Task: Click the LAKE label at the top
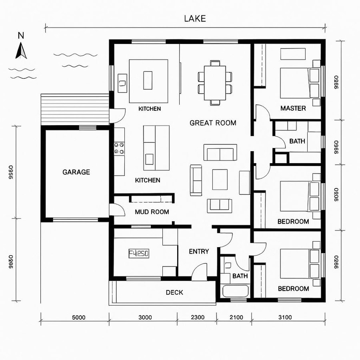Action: tap(195, 19)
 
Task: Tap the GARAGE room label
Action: tap(76, 172)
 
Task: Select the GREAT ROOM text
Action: tap(213, 123)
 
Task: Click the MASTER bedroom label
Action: tap(293, 108)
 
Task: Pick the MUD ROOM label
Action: tap(152, 212)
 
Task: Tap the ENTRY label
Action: tap(199, 252)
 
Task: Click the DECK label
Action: tap(174, 292)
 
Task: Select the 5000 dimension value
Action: tap(78, 318)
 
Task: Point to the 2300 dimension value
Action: tap(198, 318)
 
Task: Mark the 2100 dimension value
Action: tap(236, 318)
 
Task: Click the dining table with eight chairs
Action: tap(215, 83)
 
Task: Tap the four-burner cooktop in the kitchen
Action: tap(119, 148)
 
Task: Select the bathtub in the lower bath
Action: tap(236, 291)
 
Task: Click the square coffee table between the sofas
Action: tap(220, 180)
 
